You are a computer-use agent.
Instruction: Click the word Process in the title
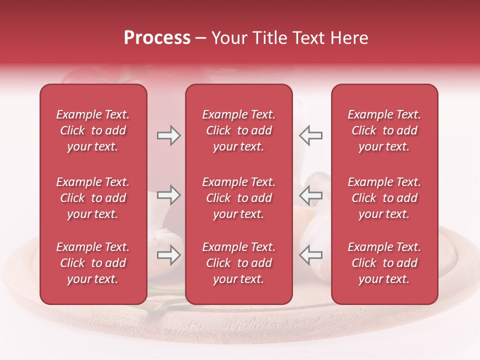pyautogui.click(x=157, y=38)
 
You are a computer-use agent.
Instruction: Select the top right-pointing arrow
pyautogui.click(x=168, y=135)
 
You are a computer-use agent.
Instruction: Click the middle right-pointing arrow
pyautogui.click(x=168, y=195)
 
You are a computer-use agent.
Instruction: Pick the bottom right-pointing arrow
pyautogui.click(x=168, y=255)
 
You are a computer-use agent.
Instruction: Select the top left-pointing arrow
pyautogui.click(x=310, y=135)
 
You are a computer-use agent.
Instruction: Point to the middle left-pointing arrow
pyautogui.click(x=310, y=195)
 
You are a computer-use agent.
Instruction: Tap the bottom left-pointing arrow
pyautogui.click(x=310, y=255)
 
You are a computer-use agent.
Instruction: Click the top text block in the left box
pyautogui.click(x=93, y=130)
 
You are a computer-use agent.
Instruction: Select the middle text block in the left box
pyautogui.click(x=93, y=198)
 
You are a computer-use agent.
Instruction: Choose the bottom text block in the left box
pyautogui.click(x=93, y=263)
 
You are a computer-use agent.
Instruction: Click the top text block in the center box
pyautogui.click(x=238, y=130)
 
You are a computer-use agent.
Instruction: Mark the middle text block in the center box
pyautogui.click(x=238, y=198)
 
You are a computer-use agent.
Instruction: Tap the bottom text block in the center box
pyautogui.click(x=238, y=263)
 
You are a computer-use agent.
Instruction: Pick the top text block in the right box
pyautogui.click(x=384, y=130)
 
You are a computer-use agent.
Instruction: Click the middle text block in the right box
pyautogui.click(x=384, y=198)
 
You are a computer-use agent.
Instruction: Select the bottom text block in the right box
pyautogui.click(x=384, y=263)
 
